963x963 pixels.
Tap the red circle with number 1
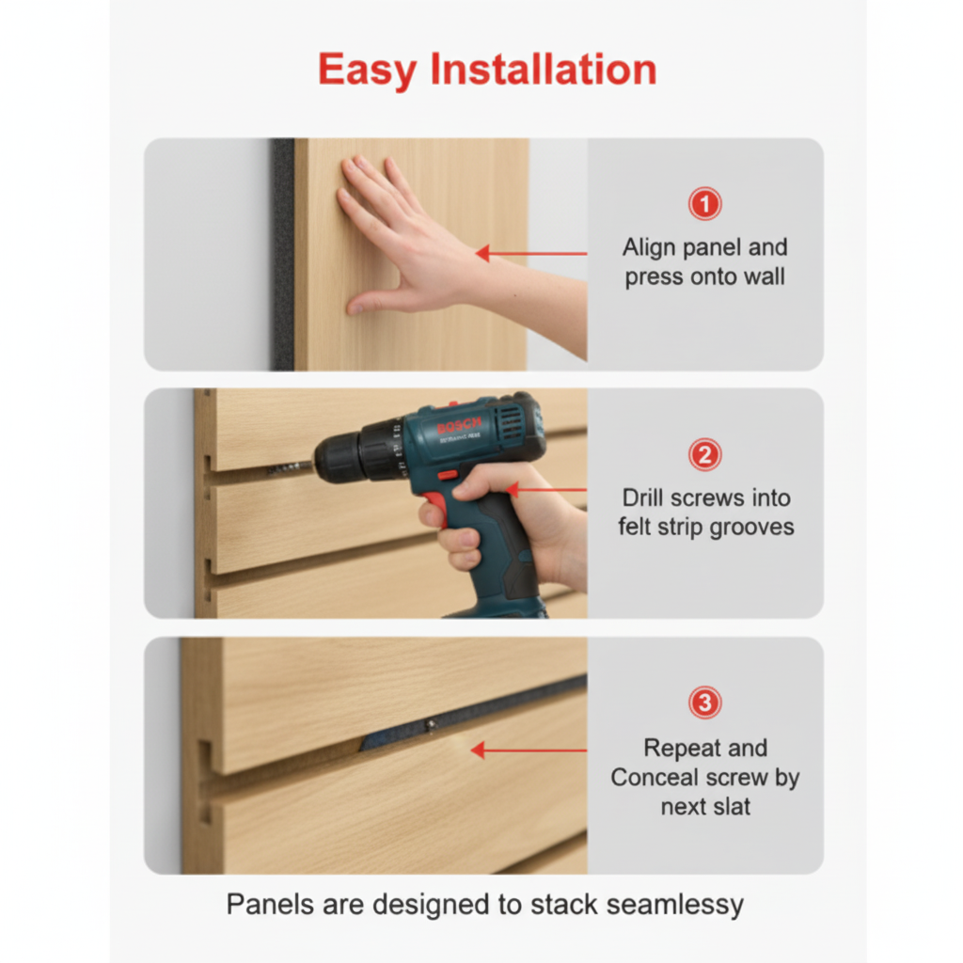704,203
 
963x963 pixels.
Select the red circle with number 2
704,456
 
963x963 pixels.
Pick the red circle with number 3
704,703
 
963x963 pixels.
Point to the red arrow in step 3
527,750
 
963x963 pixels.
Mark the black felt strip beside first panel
282,254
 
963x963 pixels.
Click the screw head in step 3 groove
429,725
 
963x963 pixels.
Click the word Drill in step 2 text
644,497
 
